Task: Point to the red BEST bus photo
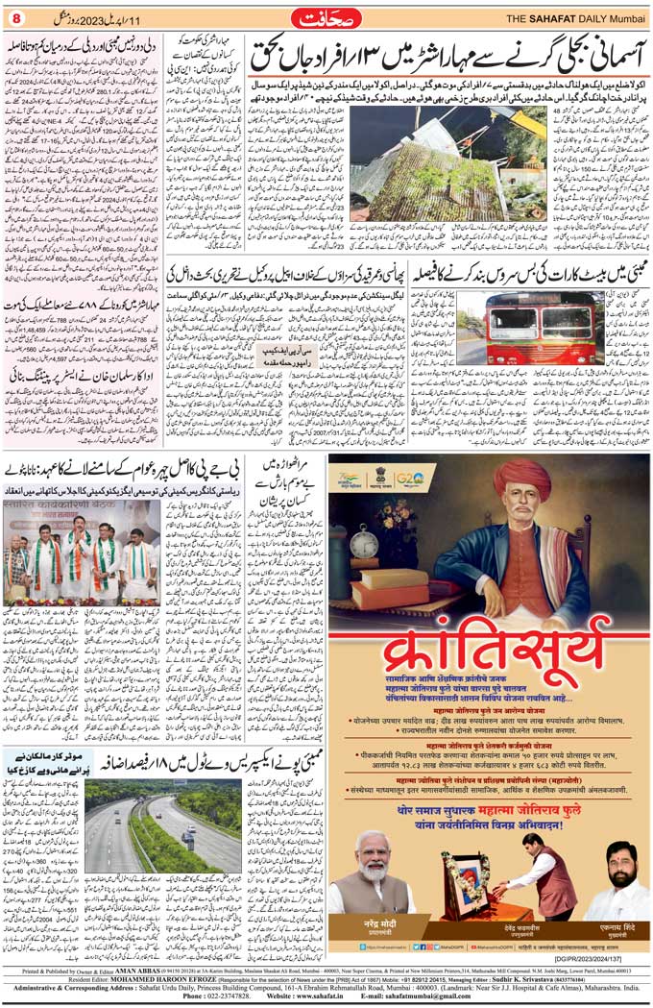517,328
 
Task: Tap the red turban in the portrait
522,477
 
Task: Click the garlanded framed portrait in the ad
465,882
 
